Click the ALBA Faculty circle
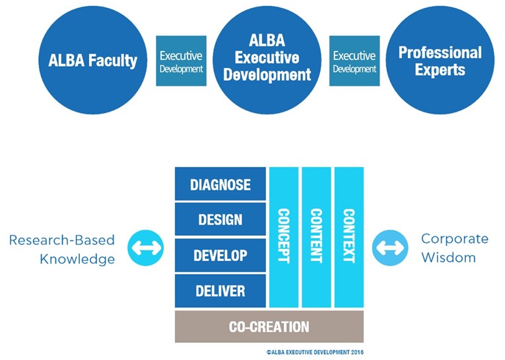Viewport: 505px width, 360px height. [x=92, y=61]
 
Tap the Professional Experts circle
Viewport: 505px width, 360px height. [x=440, y=61]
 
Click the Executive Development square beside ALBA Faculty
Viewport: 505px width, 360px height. [x=181, y=61]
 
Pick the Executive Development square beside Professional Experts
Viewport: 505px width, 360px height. [x=354, y=61]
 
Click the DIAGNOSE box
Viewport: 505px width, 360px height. [x=220, y=184]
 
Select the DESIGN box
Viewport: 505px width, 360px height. [x=220, y=220]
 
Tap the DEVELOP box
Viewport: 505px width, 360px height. [x=220, y=256]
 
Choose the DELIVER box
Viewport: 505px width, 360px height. [x=220, y=291]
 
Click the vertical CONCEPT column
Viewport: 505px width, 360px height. [x=284, y=237]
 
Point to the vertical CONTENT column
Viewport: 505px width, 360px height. [x=316, y=237]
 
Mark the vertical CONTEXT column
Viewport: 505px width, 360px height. [x=349, y=237]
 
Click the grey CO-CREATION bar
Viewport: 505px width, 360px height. [x=269, y=326]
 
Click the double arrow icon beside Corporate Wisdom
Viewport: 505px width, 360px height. [x=390, y=248]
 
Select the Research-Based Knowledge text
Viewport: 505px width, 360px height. [x=62, y=248]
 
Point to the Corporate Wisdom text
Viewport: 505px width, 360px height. [x=454, y=248]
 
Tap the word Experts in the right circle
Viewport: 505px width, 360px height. [x=440, y=69]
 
